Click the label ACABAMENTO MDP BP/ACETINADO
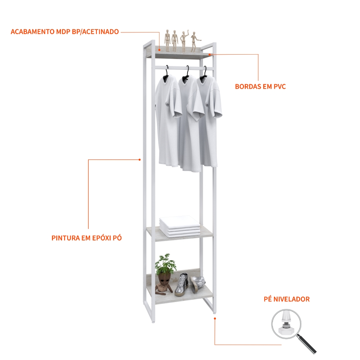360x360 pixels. click(x=65, y=32)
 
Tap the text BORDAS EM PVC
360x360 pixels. click(x=260, y=86)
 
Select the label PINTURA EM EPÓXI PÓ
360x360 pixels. click(x=86, y=238)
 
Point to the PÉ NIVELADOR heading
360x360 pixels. click(x=287, y=299)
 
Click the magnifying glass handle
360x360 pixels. click(x=307, y=344)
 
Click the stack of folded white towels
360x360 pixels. click(x=180, y=227)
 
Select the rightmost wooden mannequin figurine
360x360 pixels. click(x=194, y=42)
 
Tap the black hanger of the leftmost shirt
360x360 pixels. click(x=166, y=74)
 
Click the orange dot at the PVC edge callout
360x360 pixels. click(x=209, y=54)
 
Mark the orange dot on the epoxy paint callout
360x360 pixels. click(x=140, y=160)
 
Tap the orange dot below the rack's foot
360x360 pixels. click(x=215, y=318)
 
